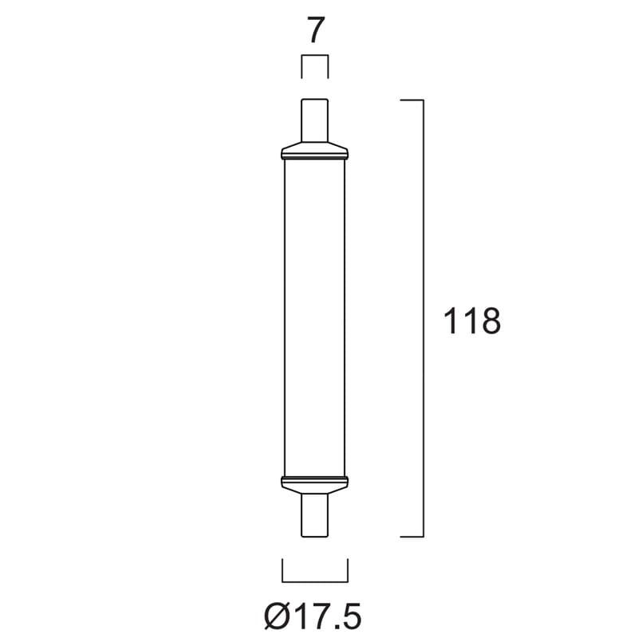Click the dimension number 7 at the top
[x=315, y=30]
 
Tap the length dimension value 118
[x=471, y=321]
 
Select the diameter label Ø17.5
[x=313, y=616]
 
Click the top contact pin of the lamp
[x=314, y=120]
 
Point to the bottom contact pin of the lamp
[x=314, y=515]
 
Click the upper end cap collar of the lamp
[x=314, y=151]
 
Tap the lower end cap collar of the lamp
[x=314, y=485]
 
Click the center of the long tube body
[x=314, y=317]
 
